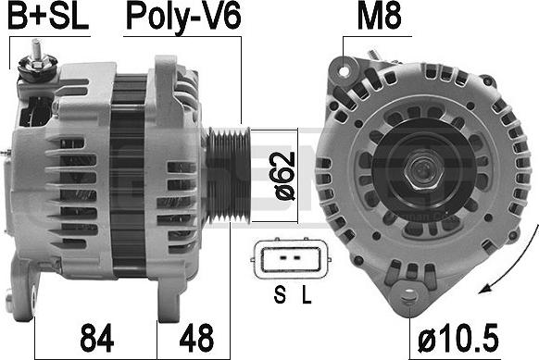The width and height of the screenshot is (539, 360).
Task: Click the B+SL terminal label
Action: point(48,16)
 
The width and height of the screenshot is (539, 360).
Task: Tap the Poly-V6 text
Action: point(183,18)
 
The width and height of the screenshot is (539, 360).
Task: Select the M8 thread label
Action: point(379,16)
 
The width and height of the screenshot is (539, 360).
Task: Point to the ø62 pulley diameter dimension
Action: point(285,176)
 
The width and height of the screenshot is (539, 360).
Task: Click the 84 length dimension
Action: point(96,338)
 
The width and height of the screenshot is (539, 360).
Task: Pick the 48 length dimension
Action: point(196,338)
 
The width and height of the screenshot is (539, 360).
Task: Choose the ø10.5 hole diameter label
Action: point(458,338)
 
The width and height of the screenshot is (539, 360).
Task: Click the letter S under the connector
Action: point(280,294)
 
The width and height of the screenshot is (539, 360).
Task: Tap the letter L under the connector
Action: point(307,294)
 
